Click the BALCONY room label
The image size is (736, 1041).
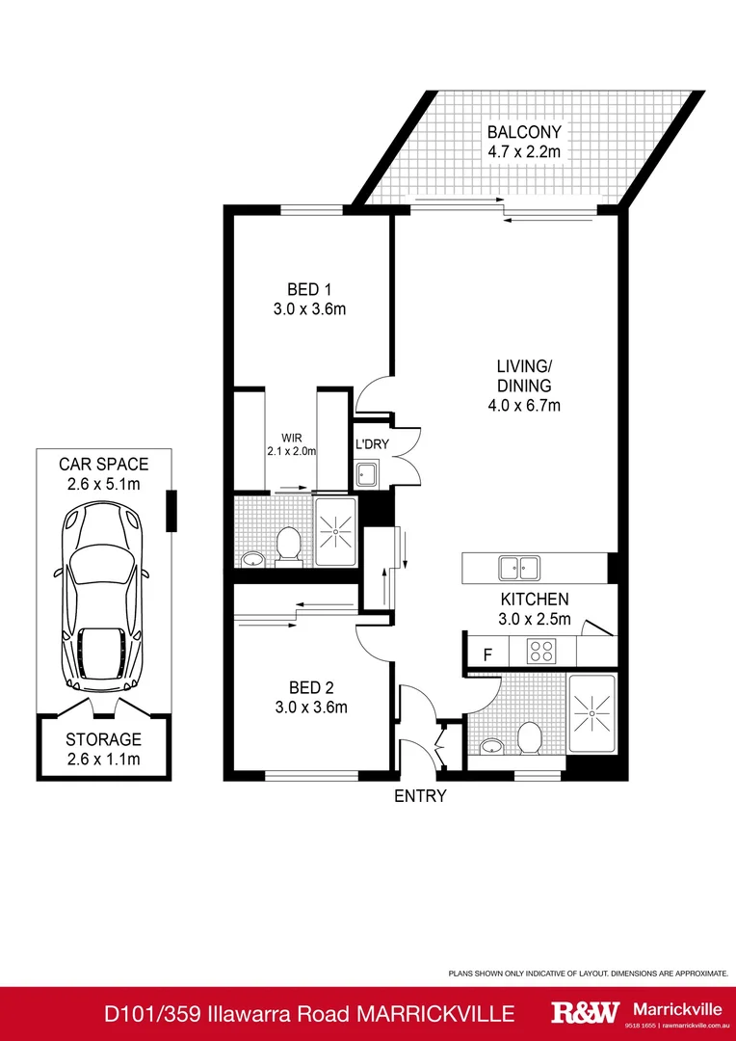coord(524,132)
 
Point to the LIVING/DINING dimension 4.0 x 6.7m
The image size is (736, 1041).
coord(523,406)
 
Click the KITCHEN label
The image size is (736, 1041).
coord(533,599)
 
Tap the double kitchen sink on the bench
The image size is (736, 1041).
coord(521,567)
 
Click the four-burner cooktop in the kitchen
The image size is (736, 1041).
coord(541,653)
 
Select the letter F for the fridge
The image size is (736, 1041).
coord(487,654)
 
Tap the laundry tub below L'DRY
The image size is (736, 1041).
coord(367,473)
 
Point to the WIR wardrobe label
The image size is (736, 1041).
coord(292,436)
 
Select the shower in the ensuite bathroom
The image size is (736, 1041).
coord(336,530)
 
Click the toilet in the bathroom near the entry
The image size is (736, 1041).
coord(528,737)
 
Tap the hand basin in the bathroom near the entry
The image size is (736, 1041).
coord(492,745)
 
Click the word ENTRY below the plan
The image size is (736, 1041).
coord(420,796)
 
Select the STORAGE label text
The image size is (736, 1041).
coord(103,740)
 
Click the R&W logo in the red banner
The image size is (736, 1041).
coord(584,1012)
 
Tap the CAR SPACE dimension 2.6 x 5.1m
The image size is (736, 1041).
coord(104,484)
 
